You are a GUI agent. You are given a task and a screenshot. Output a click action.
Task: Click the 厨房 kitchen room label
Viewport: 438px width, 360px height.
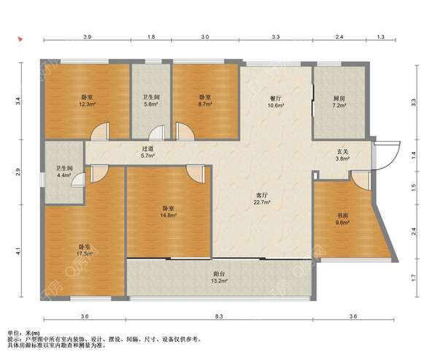pyautogui.click(x=339, y=99)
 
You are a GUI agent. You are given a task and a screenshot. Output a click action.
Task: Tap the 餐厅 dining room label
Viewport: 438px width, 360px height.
pyautogui.click(x=276, y=99)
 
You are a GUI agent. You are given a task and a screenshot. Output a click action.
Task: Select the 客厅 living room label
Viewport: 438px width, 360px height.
pyautogui.click(x=262, y=196)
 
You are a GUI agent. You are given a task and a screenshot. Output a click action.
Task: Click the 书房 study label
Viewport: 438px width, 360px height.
pyautogui.click(x=343, y=215)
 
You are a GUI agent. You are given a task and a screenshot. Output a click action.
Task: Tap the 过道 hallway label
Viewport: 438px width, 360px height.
pyautogui.click(x=147, y=149)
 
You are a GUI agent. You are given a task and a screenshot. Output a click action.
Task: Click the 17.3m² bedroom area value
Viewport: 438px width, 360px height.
pyautogui.click(x=85, y=254)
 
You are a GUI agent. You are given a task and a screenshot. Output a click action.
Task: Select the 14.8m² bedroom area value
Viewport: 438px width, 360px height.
pyautogui.click(x=169, y=215)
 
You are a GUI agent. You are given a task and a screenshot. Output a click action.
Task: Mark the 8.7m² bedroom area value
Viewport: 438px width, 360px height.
pyautogui.click(x=206, y=104)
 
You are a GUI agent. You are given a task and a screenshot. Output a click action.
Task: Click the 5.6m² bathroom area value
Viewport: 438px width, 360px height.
pyautogui.click(x=151, y=104)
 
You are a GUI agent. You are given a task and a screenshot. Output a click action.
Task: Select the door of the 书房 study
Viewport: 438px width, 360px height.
pyautogui.click(x=361, y=181)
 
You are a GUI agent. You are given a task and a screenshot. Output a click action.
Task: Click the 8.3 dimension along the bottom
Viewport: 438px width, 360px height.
pyautogui.click(x=219, y=316)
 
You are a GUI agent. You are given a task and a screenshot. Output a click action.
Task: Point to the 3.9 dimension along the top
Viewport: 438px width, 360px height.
pyautogui.click(x=87, y=37)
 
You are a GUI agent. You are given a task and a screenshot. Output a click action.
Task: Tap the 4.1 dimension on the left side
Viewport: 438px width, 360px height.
pyautogui.click(x=18, y=251)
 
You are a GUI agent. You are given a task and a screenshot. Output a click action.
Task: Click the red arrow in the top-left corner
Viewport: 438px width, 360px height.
pyautogui.click(x=20, y=39)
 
